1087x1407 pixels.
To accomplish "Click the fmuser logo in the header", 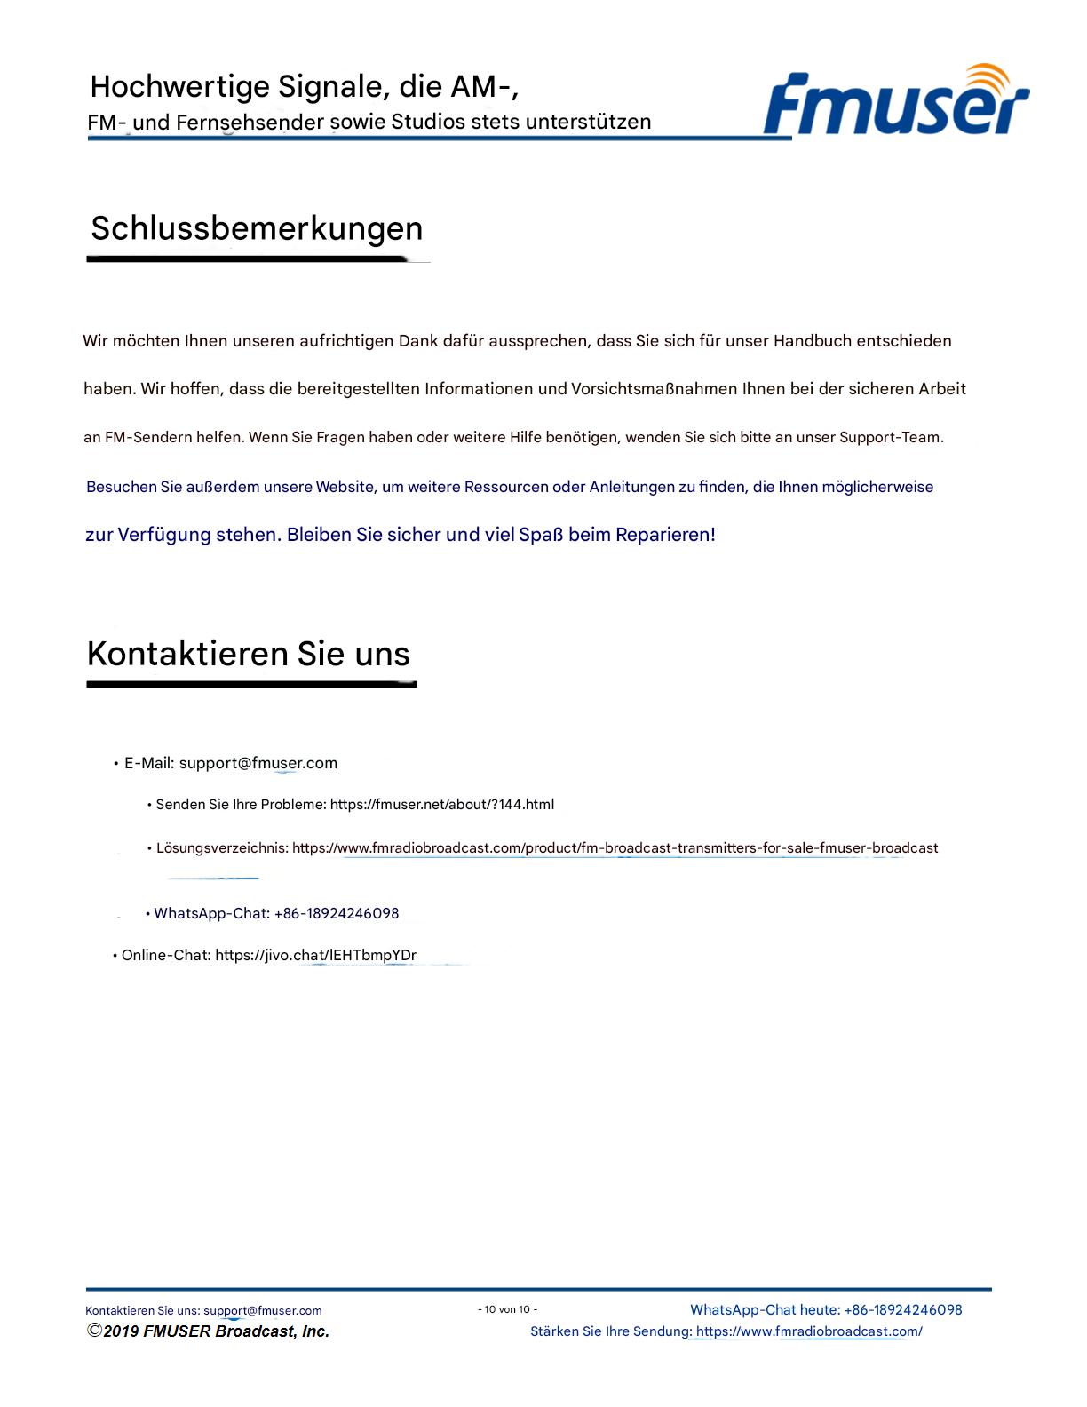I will pyautogui.click(x=894, y=105).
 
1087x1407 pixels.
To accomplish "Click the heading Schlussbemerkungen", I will pyautogui.click(x=257, y=228).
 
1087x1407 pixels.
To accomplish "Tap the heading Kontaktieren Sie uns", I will pyautogui.click(x=248, y=654).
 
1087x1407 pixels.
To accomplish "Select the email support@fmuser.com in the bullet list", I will pyautogui.click(x=258, y=763).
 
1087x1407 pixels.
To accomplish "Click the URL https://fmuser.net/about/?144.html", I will pyautogui.click(x=442, y=805).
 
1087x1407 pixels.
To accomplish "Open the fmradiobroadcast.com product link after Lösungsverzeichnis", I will pyautogui.click(x=615, y=848).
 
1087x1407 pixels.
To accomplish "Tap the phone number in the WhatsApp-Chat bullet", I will pyautogui.click(x=337, y=913).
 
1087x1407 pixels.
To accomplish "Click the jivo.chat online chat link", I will pyautogui.click(x=315, y=956).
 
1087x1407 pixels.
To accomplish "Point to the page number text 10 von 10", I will pyautogui.click(x=508, y=1309).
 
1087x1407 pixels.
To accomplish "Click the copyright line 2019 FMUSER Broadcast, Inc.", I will pyautogui.click(x=209, y=1331).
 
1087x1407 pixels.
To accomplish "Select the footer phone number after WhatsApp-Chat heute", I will pyautogui.click(x=903, y=1309).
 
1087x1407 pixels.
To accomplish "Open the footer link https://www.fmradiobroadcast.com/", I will pyautogui.click(x=809, y=1331).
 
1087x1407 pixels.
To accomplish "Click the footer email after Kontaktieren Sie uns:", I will pyautogui.click(x=263, y=1310).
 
